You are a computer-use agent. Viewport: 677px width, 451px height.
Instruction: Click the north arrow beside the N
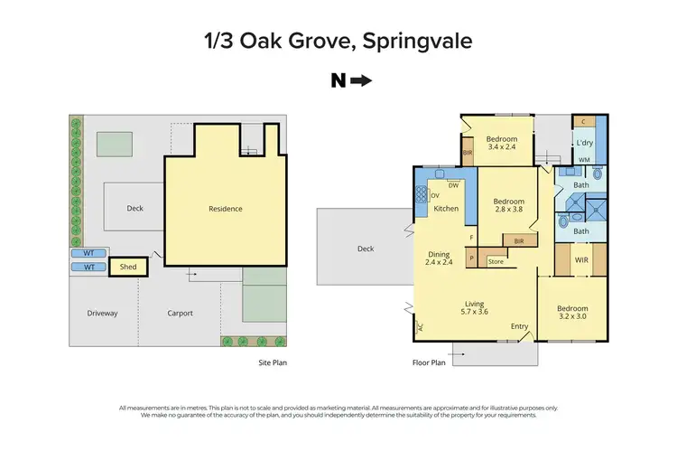[x=361, y=81]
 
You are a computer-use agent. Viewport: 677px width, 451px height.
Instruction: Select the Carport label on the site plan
[x=181, y=314]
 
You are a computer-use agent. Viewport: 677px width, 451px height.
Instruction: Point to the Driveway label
[x=102, y=314]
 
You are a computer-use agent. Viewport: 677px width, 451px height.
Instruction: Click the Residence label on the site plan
[x=226, y=209]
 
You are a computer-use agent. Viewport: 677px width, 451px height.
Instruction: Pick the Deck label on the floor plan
[x=366, y=248]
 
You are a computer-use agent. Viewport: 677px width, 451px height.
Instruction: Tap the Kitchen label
[x=446, y=209]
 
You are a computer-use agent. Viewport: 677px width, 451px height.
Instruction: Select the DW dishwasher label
[x=454, y=185]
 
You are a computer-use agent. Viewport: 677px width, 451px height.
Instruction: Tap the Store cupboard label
[x=495, y=262]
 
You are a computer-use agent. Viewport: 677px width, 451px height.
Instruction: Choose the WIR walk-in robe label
[x=581, y=260]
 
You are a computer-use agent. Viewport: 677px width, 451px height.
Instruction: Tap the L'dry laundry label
[x=585, y=143]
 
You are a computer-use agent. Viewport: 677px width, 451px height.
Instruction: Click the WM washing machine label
[x=584, y=160]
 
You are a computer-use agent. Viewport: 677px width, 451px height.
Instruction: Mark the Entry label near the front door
[x=520, y=326]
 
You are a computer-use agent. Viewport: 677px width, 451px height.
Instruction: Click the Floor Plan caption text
[x=429, y=362]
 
